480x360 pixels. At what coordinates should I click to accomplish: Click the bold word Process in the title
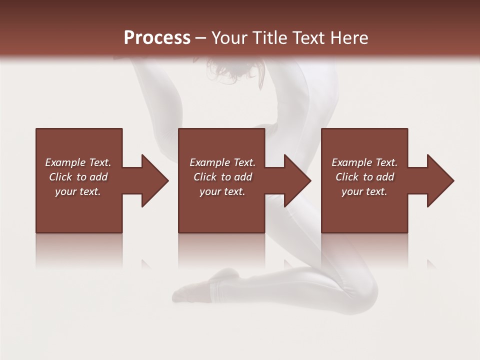157,38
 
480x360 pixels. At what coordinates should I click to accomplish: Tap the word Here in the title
348,38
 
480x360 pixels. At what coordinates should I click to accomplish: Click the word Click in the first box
60,177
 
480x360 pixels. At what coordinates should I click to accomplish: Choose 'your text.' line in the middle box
222,191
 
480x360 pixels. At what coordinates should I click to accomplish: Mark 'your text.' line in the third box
364,191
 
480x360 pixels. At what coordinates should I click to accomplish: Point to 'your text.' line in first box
77,191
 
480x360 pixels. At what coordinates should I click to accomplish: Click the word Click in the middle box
205,177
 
